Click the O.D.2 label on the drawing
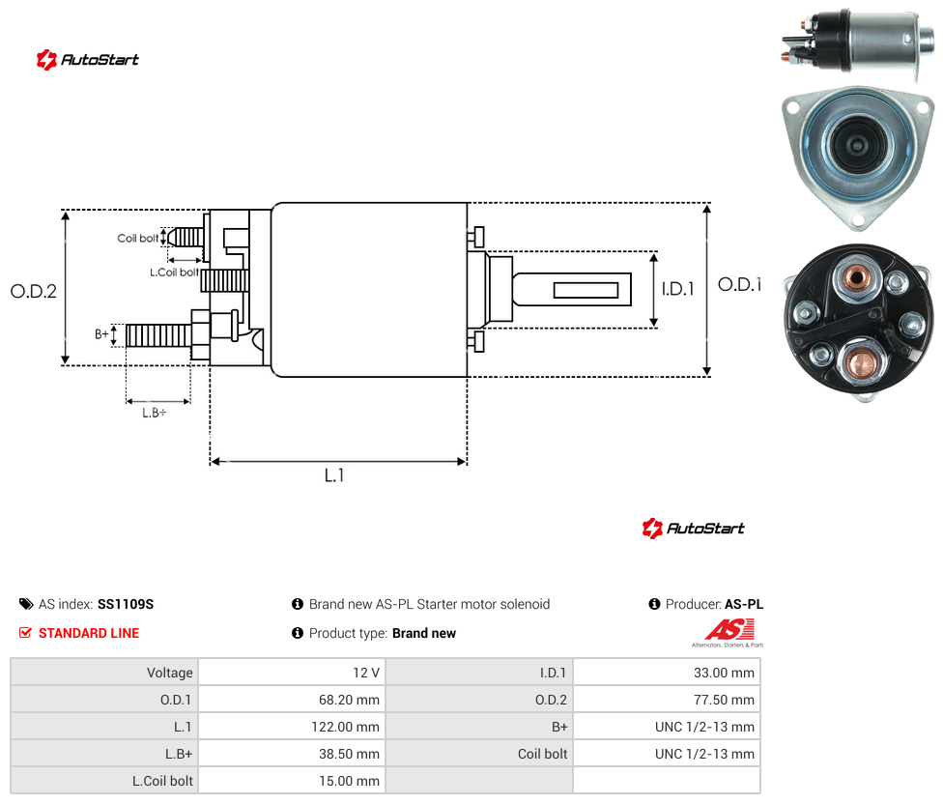(x=34, y=291)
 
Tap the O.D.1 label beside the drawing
(x=740, y=284)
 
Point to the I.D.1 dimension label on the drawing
(x=678, y=289)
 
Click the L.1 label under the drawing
(x=333, y=475)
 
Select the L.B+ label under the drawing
(x=155, y=413)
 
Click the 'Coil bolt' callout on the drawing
(x=138, y=238)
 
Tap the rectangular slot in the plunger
(x=586, y=291)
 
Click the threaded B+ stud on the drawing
(x=158, y=335)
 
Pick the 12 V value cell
(x=293, y=673)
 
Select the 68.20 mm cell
(x=293, y=700)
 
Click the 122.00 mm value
(x=345, y=727)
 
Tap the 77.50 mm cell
(x=667, y=700)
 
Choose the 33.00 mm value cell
(x=667, y=673)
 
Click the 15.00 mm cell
(x=293, y=781)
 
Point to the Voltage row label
(x=170, y=673)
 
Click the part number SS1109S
(x=126, y=604)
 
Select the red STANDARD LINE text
(x=89, y=633)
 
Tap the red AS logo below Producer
(x=729, y=630)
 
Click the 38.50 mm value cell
(x=293, y=754)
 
